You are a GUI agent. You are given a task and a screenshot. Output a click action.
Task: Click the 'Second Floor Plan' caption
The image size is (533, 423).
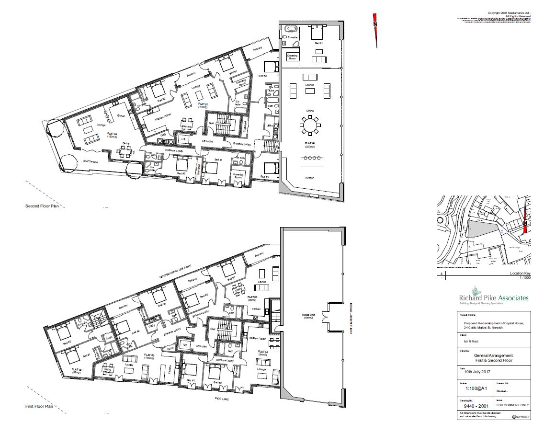pyautogui.click(x=45, y=206)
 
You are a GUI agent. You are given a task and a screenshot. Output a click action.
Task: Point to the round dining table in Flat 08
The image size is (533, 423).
pyautogui.click(x=310, y=126)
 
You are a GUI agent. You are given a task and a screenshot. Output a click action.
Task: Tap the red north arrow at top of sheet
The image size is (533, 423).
pyautogui.click(x=375, y=30)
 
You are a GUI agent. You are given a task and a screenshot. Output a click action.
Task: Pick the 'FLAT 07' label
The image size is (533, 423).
pyautogui.click(x=203, y=104)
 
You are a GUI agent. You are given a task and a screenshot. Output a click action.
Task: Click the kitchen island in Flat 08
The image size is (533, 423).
pyautogui.click(x=310, y=162)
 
